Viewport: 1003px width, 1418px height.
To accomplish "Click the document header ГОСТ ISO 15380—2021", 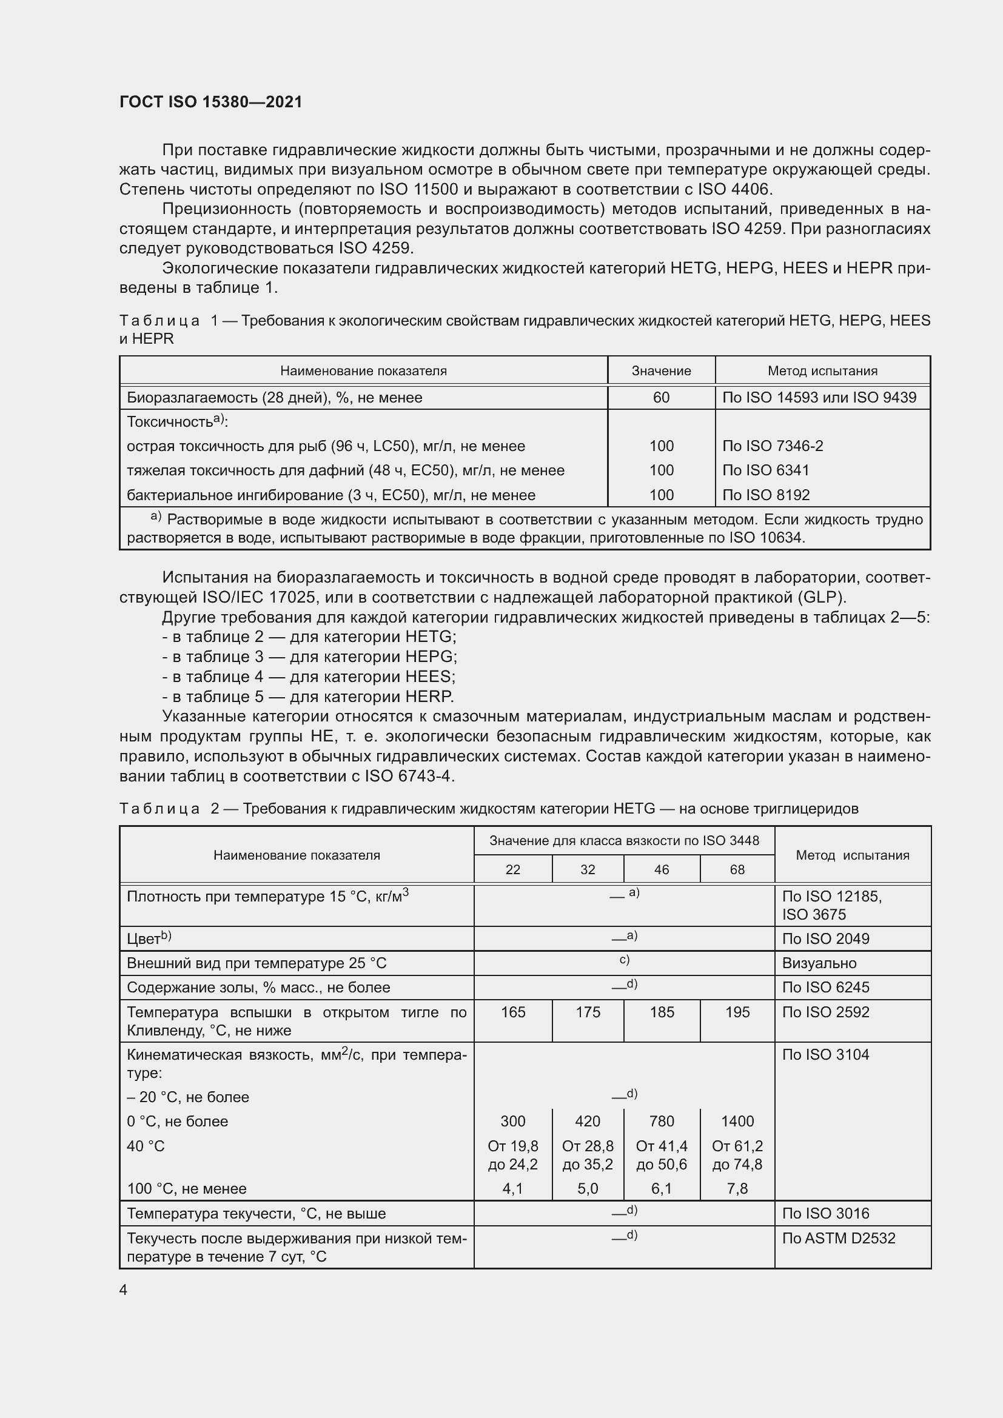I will coord(210,102).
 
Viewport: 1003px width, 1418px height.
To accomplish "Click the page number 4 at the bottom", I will coord(124,1289).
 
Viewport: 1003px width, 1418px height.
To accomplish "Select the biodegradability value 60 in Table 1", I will coord(661,398).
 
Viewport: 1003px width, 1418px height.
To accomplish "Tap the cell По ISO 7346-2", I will coord(772,446).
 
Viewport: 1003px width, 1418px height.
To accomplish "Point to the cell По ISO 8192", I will coord(765,495).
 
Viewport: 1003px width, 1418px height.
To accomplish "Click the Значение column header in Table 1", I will coord(661,371).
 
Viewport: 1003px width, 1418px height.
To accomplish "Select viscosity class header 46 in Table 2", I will coord(662,869).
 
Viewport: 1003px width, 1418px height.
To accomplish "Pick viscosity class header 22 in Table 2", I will coord(512,869).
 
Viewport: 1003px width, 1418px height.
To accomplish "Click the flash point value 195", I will coord(737,1012).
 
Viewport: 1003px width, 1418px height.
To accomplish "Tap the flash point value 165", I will coord(512,1012).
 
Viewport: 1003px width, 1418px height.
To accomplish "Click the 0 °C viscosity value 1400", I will coord(737,1121).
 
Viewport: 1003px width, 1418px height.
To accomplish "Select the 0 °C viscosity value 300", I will coord(512,1121).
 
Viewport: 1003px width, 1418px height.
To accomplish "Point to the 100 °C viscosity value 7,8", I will coord(737,1188).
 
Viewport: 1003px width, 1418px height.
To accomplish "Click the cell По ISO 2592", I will coord(825,1012).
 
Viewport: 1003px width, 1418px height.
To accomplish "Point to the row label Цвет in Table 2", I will coord(144,939).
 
